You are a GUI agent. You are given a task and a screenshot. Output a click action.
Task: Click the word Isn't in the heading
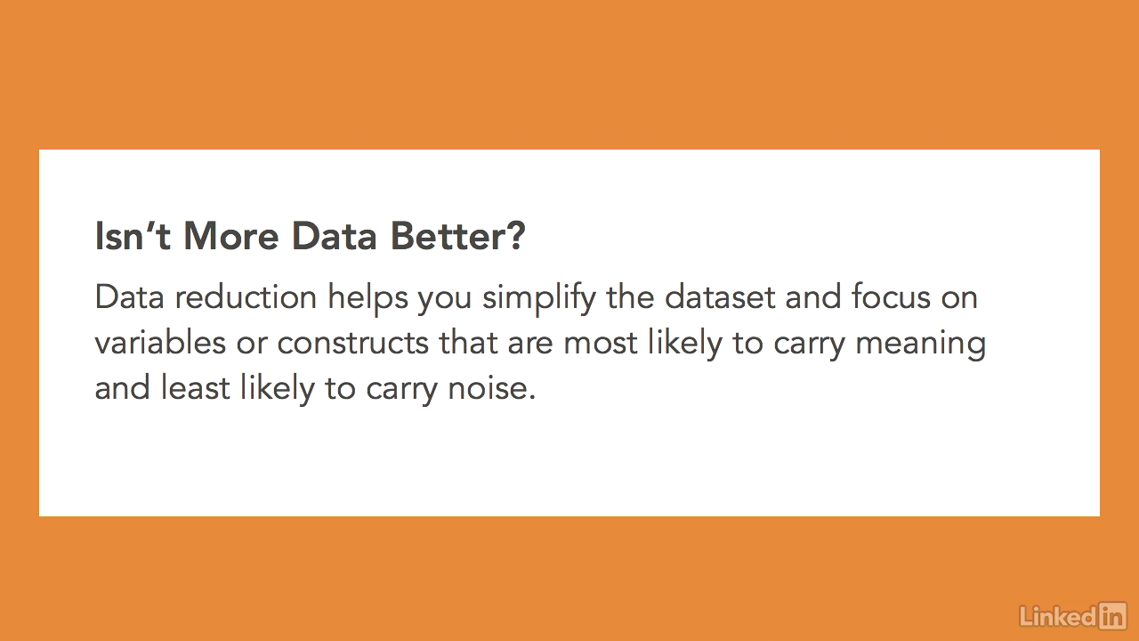click(133, 236)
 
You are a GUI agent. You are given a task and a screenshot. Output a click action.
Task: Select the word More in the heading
click(230, 236)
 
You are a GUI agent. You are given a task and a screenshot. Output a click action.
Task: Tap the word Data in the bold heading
click(334, 236)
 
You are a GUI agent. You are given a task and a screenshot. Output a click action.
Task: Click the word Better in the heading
click(447, 236)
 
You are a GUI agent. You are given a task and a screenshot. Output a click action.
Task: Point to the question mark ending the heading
click(515, 236)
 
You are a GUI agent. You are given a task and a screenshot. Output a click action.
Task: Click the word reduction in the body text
click(246, 296)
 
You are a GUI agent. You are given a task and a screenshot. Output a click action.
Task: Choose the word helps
click(368, 298)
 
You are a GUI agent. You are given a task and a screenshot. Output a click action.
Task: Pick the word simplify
click(539, 298)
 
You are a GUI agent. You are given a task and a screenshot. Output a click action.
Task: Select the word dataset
click(720, 296)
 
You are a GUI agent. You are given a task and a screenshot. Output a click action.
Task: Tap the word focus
click(891, 296)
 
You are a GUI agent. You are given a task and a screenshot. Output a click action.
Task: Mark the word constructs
click(353, 343)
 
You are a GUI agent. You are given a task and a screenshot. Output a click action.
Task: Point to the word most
click(600, 344)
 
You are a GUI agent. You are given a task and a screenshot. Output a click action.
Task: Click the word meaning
click(920, 345)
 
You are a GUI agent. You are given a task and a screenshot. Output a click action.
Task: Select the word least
click(195, 387)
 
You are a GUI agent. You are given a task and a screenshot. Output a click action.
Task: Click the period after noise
click(532, 398)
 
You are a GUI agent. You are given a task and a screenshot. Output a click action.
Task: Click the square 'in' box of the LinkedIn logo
click(1112, 615)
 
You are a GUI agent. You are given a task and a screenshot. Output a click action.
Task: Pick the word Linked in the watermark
click(1058, 616)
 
